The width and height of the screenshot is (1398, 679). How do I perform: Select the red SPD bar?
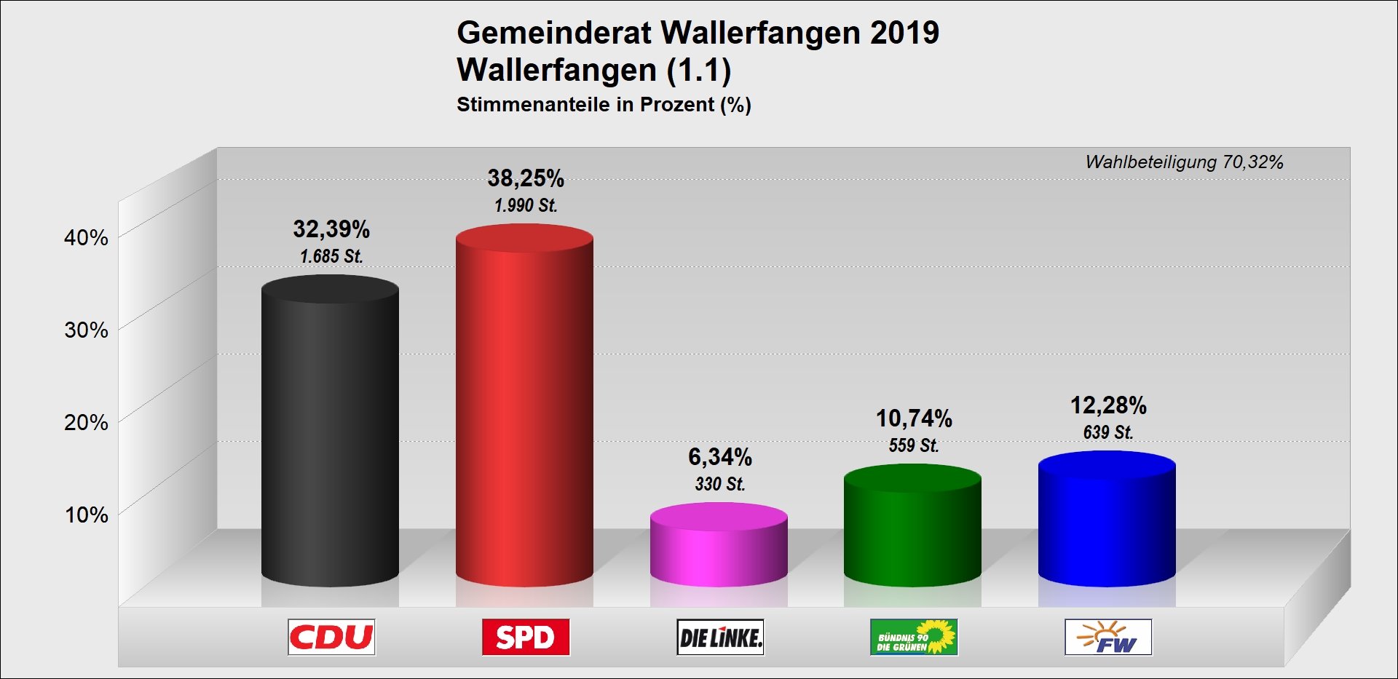click(x=524, y=408)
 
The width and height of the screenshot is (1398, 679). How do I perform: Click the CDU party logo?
click(x=331, y=638)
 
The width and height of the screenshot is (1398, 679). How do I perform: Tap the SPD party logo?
click(x=526, y=638)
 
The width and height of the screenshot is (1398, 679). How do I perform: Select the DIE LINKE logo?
click(x=720, y=638)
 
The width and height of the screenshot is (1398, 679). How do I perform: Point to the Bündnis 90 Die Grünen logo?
click(x=914, y=638)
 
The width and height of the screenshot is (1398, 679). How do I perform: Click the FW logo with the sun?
click(x=1108, y=638)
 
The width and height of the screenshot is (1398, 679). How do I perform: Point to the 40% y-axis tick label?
click(x=86, y=237)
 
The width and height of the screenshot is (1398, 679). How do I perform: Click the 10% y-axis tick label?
click(x=86, y=515)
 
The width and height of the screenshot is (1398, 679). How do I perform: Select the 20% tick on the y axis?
click(x=86, y=422)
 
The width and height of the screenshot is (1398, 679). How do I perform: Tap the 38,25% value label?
click(x=526, y=178)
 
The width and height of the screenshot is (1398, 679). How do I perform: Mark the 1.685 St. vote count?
click(x=331, y=256)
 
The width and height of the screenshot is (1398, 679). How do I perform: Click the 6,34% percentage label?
click(x=720, y=457)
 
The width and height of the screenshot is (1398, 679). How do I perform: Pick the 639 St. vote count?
click(x=1108, y=432)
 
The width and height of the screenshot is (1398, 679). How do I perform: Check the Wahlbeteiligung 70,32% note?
click(x=1184, y=162)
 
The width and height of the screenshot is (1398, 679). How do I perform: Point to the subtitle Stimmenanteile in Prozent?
click(x=604, y=105)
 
